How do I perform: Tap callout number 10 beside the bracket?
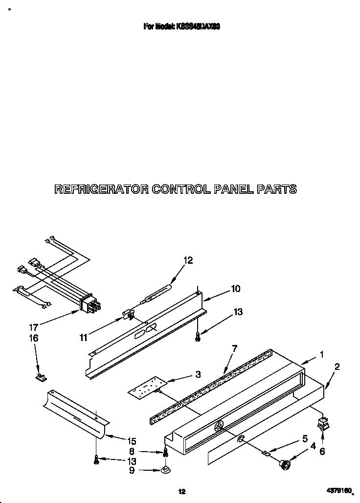[x=235, y=289]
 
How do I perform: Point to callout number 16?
[x=34, y=338]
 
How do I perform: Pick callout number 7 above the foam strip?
[x=234, y=348]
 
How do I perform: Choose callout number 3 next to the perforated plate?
[x=198, y=375]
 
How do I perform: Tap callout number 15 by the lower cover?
[x=131, y=441]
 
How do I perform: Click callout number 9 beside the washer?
[x=132, y=471]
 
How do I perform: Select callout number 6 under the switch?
[x=322, y=452]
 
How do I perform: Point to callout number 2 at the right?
[x=337, y=366]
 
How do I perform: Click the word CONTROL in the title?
[x=182, y=189]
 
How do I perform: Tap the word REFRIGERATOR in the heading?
[x=101, y=189]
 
